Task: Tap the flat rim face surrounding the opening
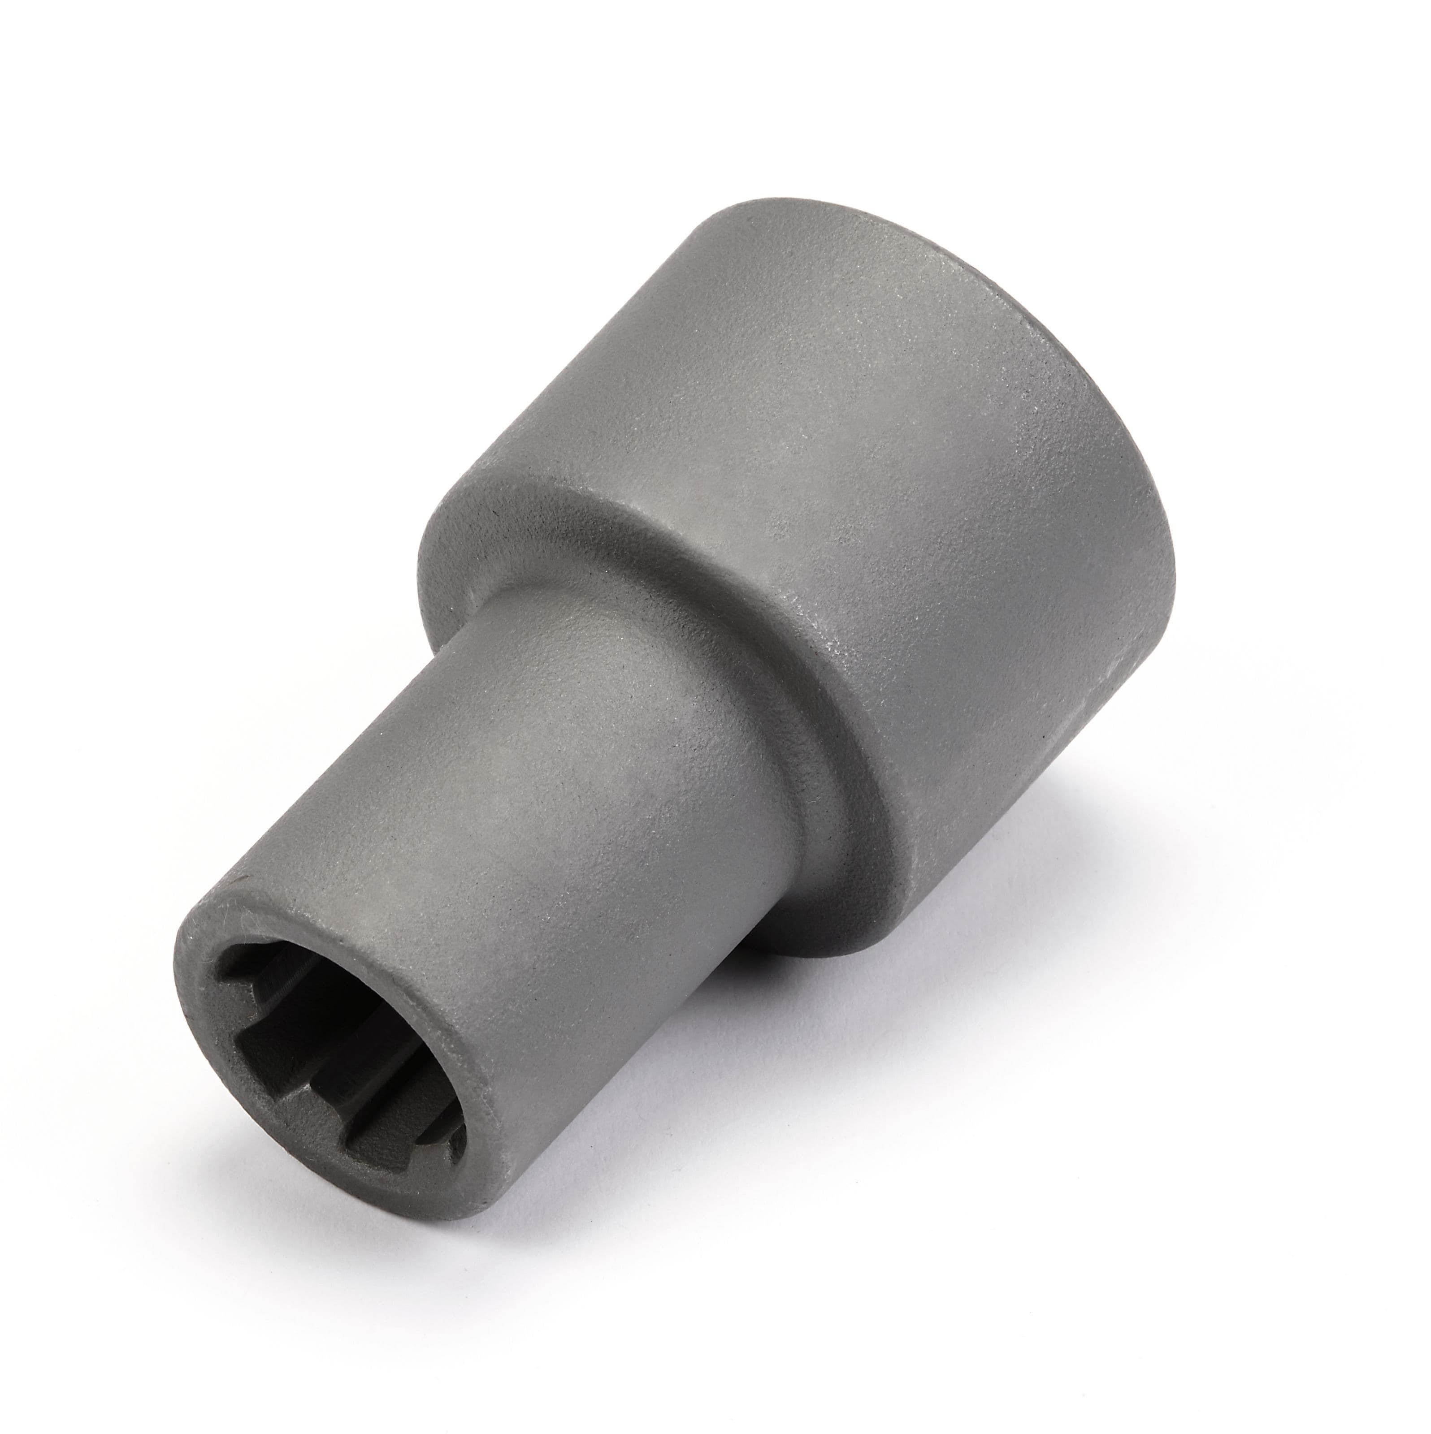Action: [x=215, y=965]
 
